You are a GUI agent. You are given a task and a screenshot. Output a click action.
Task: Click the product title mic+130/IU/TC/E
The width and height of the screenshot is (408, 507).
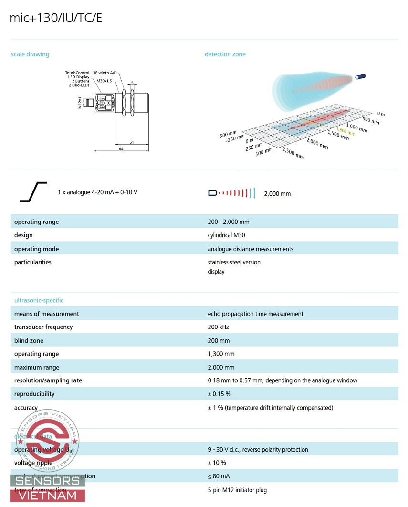click(x=56, y=18)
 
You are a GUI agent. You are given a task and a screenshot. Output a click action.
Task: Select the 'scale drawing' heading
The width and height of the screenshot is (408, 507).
click(x=30, y=54)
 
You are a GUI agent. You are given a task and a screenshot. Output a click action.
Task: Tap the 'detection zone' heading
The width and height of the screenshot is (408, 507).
click(x=225, y=54)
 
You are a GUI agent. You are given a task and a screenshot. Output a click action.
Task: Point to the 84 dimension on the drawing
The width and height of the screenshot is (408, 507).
click(x=121, y=149)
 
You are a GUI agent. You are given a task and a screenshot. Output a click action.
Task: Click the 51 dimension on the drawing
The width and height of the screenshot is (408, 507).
click(x=131, y=142)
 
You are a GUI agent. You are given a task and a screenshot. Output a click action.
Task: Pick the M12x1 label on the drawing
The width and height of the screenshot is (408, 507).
click(x=80, y=103)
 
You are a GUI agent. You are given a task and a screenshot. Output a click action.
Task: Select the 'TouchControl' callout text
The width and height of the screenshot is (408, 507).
click(x=77, y=73)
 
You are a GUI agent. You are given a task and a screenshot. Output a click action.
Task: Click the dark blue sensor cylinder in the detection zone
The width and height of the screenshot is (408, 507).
click(x=361, y=76)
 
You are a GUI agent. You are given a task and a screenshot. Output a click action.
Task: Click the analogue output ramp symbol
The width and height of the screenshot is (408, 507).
click(x=33, y=192)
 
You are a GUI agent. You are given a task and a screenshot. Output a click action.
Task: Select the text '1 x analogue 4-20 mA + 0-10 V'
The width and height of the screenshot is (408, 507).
click(x=98, y=192)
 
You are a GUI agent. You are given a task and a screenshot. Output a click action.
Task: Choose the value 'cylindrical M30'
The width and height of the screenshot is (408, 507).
click(x=226, y=235)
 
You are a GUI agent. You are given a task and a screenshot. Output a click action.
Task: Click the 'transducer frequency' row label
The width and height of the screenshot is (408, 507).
click(x=43, y=327)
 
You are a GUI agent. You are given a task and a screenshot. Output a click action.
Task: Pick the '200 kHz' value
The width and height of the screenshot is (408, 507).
click(x=219, y=327)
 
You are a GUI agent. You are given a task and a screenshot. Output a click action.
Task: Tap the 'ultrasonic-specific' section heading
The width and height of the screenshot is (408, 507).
click(x=39, y=300)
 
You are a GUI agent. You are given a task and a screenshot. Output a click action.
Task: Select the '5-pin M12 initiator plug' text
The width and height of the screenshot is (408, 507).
click(x=237, y=490)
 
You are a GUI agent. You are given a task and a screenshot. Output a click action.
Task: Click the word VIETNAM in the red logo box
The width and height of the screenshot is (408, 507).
click(x=48, y=495)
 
